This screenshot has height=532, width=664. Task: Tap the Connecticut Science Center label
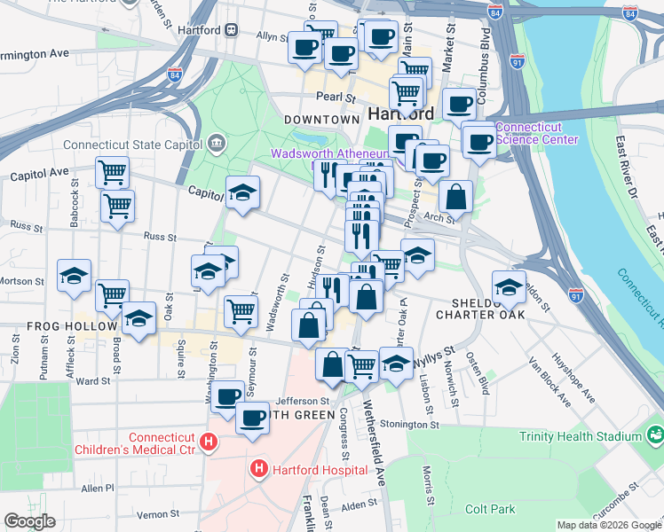coord(536,133)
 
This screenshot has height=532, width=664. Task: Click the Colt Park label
coord(490,510)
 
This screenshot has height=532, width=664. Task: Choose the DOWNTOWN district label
coord(321,119)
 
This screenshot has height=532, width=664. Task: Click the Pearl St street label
coord(337,98)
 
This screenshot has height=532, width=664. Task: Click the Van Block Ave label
coord(548,381)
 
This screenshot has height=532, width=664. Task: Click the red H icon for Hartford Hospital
coord(259,468)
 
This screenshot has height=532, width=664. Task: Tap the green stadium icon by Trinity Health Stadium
coord(655,435)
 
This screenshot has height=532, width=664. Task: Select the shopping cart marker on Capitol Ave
coord(112,172)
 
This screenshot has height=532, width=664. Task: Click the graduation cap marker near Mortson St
coord(75,275)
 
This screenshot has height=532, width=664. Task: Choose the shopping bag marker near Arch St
coord(455,196)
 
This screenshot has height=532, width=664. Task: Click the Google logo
coord(30,522)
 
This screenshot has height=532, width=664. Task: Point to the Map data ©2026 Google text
coord(608,525)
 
